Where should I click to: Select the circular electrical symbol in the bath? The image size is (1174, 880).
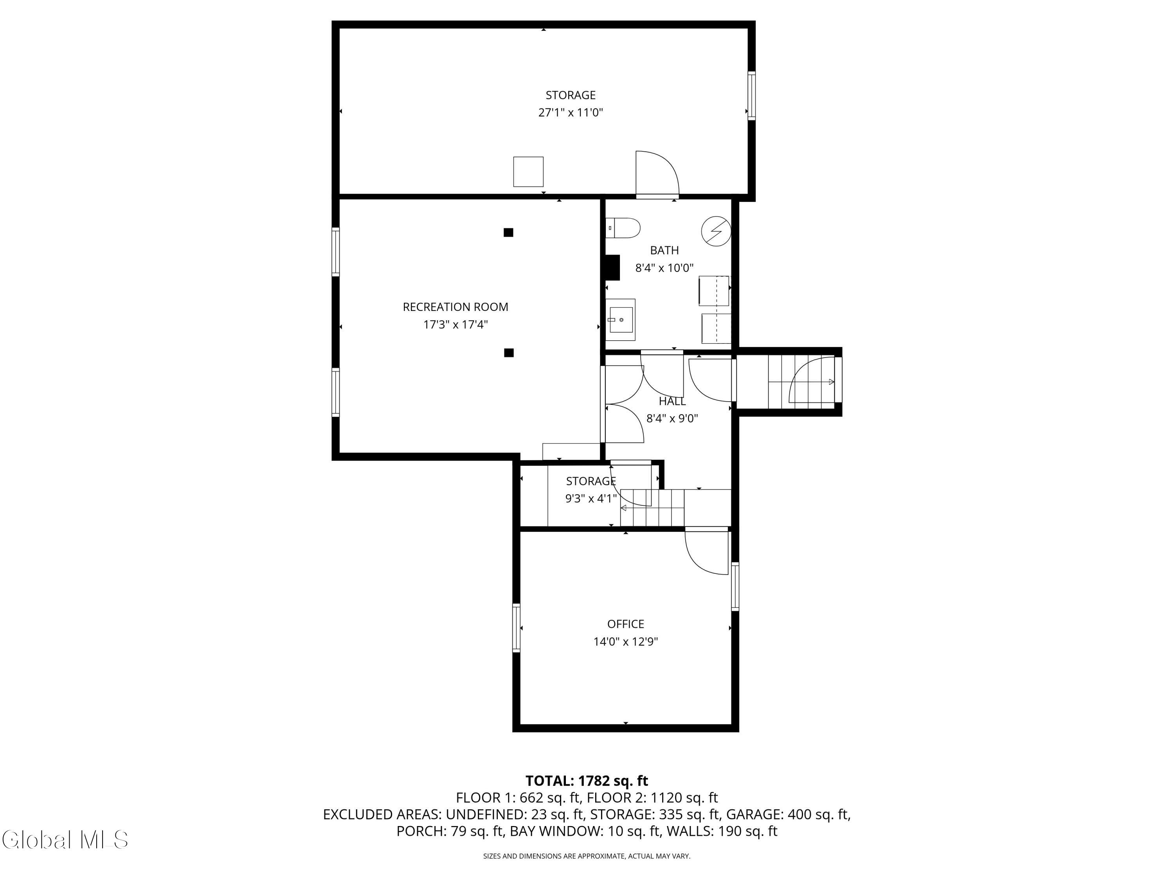716,231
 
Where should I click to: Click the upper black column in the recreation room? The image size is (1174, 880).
508,232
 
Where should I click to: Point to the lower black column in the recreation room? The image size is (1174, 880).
508,353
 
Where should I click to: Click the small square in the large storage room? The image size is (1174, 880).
528,171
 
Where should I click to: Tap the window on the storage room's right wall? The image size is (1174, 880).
751,95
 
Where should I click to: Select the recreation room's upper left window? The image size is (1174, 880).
335,251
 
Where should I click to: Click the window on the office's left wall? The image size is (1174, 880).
516,627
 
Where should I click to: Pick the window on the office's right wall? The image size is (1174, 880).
735,587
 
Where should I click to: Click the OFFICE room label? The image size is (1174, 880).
626,624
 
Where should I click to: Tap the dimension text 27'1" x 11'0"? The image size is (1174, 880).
571,113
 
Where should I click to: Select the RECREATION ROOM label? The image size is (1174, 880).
456,307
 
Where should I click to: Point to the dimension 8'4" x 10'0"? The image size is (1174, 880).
664,268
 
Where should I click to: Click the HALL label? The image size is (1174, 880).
672,402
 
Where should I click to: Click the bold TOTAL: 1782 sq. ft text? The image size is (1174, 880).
587,781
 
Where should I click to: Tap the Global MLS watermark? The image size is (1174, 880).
65,840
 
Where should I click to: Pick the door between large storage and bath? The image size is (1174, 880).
657,174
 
